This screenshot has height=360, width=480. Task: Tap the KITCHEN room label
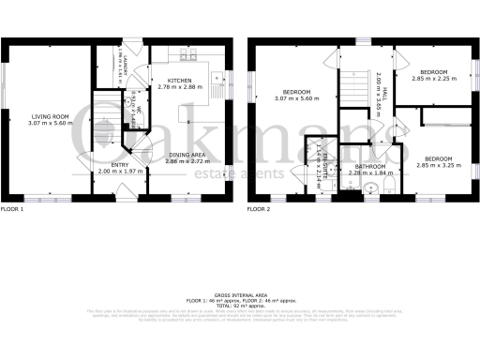point(180,82)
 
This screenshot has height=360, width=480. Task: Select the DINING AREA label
point(189,156)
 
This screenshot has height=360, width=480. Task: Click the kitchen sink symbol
point(217,78)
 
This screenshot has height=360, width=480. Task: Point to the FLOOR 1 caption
point(13,208)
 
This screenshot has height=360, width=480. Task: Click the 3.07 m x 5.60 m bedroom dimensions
point(297,98)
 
